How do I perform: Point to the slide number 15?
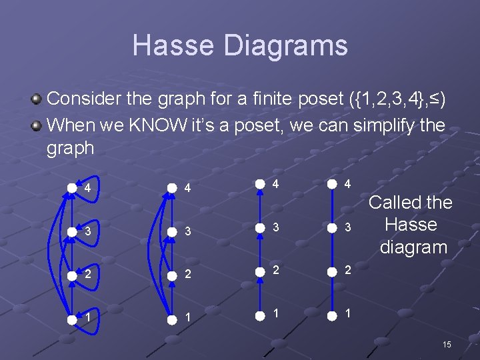(x=446, y=344)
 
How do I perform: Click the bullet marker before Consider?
(x=38, y=100)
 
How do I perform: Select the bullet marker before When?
(x=38, y=125)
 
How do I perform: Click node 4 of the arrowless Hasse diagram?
(x=331, y=185)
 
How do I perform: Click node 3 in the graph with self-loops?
(x=72, y=231)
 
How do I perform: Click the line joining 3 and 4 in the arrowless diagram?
(x=331, y=207)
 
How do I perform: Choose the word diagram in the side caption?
(x=413, y=247)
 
